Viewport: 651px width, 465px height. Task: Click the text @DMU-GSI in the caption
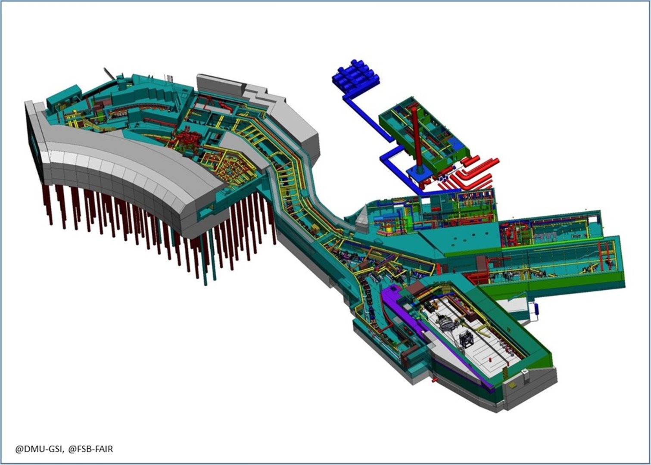[x=39, y=449]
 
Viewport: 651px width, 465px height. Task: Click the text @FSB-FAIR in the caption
[x=90, y=449]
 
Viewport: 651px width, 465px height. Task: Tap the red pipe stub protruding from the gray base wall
[x=435, y=380]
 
